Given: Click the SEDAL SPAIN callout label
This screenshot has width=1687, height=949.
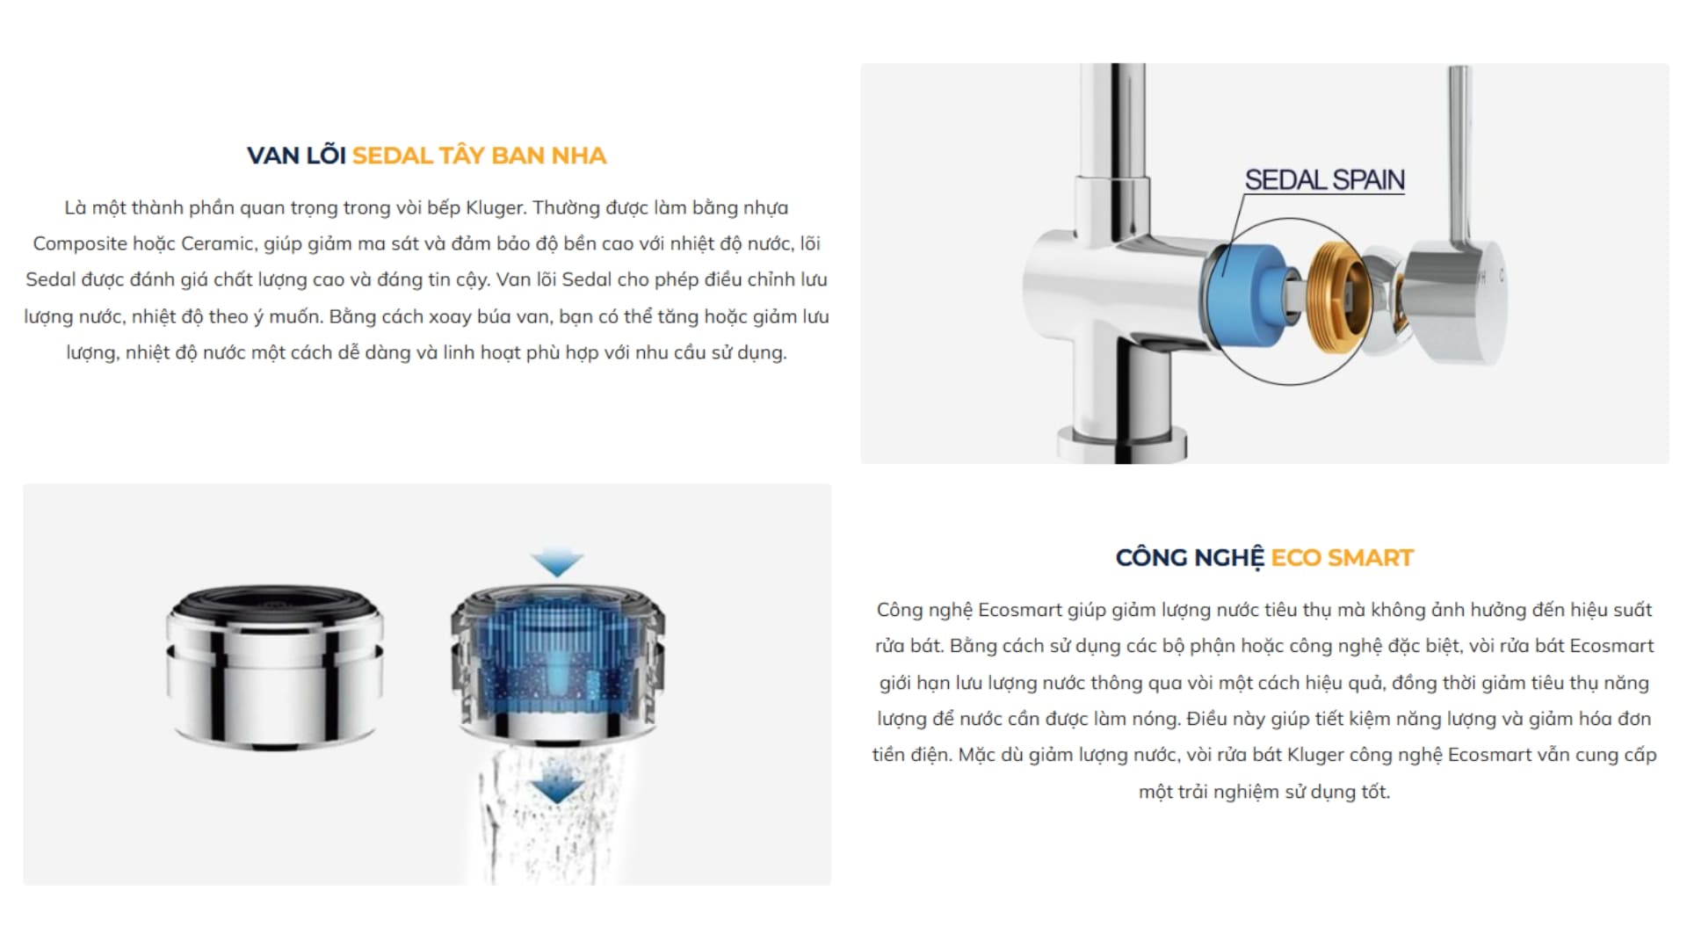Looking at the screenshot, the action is point(1324,180).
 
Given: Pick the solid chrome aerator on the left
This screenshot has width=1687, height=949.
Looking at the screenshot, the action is point(275,667).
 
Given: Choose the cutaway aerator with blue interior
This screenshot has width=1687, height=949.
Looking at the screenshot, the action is point(557,664).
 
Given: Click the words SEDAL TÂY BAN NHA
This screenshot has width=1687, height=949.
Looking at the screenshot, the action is point(479,156).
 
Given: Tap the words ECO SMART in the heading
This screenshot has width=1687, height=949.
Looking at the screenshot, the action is point(1342,558).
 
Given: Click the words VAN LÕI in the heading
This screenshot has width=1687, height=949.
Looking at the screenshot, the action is point(296,156).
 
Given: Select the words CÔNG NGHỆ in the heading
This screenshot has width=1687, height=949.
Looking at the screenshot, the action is point(1190,558).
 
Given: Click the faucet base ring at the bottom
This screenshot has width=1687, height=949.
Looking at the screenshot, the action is point(1122,437).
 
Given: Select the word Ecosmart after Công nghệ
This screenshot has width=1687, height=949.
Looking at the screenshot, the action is point(1019,610).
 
